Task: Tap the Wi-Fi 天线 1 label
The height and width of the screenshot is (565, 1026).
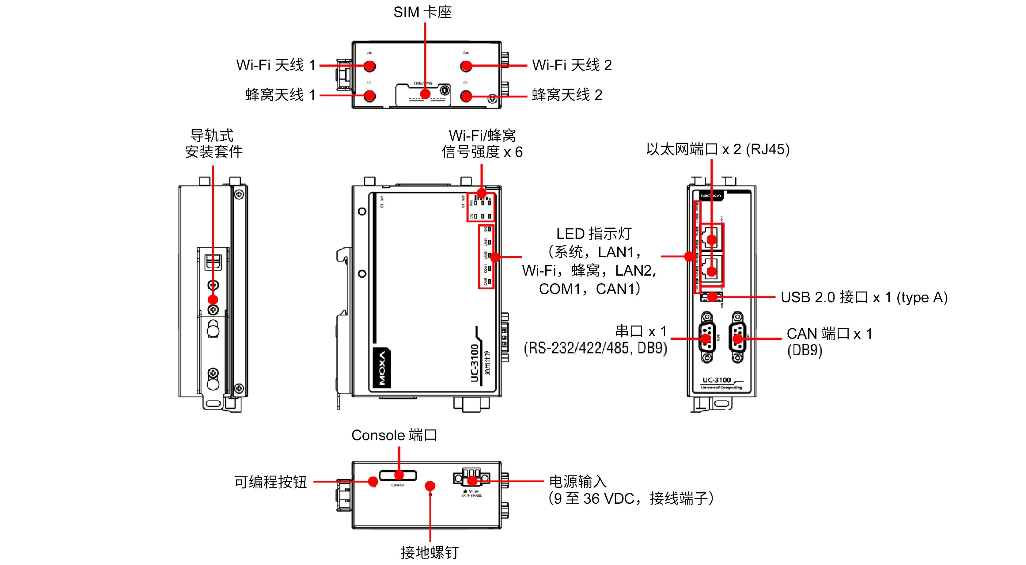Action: tap(276, 65)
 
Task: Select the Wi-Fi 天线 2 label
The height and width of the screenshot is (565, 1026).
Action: tap(572, 65)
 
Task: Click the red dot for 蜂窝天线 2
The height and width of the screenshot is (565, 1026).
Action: tap(466, 96)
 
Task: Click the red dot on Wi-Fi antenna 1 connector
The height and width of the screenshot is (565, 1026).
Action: tap(369, 66)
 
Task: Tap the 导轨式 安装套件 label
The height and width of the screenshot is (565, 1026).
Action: tap(213, 143)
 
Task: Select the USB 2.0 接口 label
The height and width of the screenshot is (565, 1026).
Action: tap(864, 297)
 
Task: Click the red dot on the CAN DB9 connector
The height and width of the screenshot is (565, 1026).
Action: tap(738, 339)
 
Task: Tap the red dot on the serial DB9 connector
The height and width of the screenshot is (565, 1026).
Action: tap(706, 339)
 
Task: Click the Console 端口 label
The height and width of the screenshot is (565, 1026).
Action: tap(394, 435)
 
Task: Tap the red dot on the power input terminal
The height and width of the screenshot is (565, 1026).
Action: tap(472, 481)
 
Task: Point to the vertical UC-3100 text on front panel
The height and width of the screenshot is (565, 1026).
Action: tap(474, 363)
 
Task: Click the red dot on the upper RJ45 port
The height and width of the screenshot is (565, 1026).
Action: tap(711, 239)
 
